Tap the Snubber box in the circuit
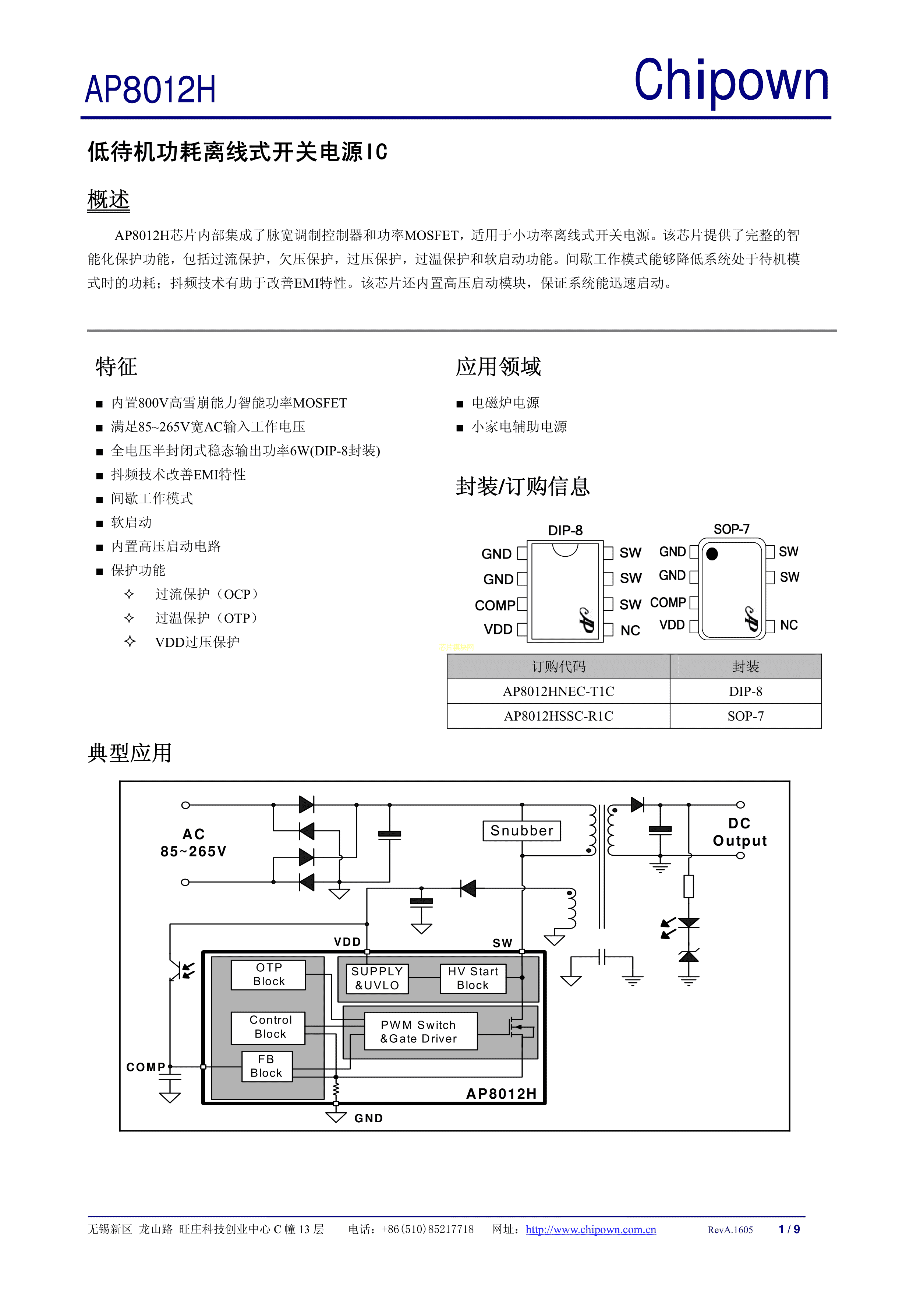point(521,831)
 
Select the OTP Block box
point(268,974)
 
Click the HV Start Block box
point(473,978)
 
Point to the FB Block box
point(267,1066)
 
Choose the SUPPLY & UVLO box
point(376,978)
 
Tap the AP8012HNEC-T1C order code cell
point(558,691)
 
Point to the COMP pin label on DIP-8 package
point(495,605)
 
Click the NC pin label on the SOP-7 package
point(789,625)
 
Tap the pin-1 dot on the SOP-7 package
point(712,554)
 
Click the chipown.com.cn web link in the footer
point(591,1229)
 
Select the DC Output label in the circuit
point(740,832)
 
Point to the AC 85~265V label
point(194,842)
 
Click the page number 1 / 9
point(789,1229)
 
